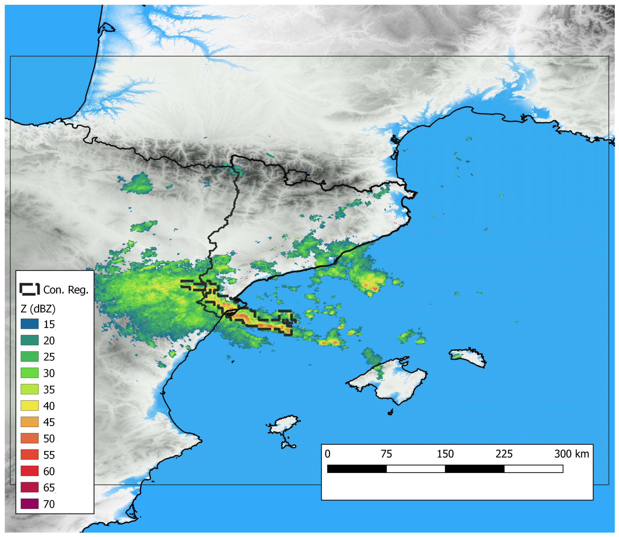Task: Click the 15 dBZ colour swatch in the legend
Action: [29, 324]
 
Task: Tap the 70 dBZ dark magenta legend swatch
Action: [29, 504]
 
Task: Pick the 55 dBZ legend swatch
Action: [29, 455]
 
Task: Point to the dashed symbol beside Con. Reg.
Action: [29, 289]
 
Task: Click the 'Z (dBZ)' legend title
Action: [38, 309]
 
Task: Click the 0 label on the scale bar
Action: [327, 454]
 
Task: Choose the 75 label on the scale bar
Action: [386, 454]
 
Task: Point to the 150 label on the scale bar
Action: [445, 454]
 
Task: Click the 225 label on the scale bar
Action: [504, 454]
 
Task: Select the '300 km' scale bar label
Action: [571, 454]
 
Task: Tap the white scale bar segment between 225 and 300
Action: [533, 469]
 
